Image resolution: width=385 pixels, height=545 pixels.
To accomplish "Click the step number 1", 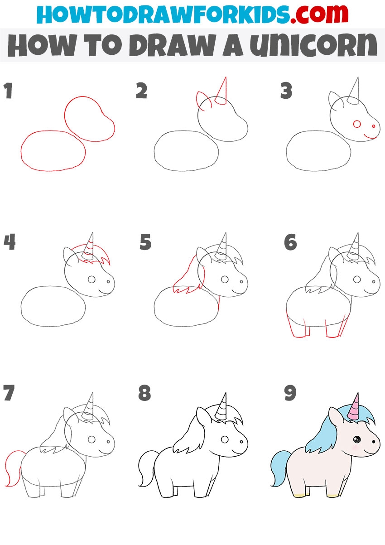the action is (x=9, y=91).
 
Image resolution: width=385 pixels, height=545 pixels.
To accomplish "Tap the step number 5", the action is (x=145, y=242).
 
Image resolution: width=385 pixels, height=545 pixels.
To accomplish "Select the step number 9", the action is (x=290, y=393).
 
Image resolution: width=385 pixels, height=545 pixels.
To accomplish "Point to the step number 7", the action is (x=9, y=393).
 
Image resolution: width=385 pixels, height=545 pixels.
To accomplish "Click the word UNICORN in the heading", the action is (x=313, y=45).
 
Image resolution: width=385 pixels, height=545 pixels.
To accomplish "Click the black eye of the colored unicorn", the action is (x=357, y=439).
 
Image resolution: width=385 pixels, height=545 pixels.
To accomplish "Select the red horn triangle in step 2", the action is (x=221, y=91).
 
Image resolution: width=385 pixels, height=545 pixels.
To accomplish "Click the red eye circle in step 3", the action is (x=357, y=124).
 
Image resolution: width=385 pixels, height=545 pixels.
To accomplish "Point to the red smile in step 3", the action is (x=370, y=137).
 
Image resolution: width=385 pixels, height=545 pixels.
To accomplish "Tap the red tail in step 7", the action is (x=13, y=467).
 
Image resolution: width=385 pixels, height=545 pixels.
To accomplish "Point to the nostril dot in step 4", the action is (x=108, y=281).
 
